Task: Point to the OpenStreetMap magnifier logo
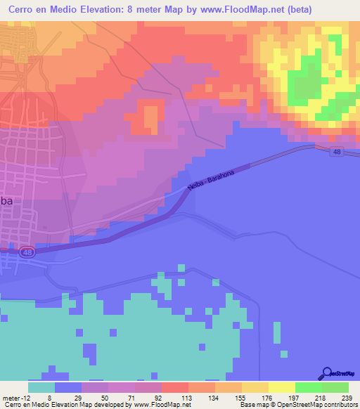(327, 374)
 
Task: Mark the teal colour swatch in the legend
(41, 387)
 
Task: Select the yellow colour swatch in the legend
(281, 387)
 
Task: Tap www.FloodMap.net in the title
(240, 8)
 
